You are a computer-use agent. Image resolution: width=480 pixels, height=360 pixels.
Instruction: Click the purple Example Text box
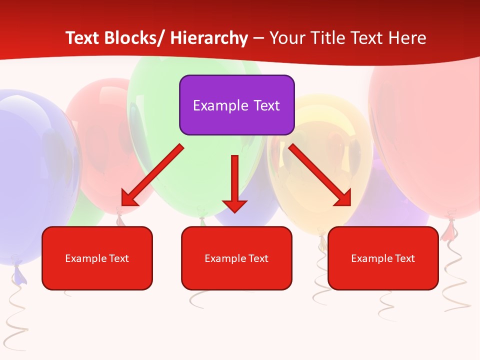(x=236, y=105)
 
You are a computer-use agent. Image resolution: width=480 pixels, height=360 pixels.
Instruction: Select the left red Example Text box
(x=97, y=258)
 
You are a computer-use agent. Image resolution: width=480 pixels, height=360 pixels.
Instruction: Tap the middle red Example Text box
(x=236, y=258)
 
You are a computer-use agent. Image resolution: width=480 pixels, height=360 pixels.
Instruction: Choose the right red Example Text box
(x=383, y=258)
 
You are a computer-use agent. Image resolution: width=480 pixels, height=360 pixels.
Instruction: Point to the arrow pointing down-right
(x=320, y=175)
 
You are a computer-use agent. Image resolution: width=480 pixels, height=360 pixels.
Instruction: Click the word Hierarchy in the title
(x=208, y=38)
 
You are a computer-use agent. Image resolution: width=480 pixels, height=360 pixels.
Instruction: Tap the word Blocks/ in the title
(x=131, y=38)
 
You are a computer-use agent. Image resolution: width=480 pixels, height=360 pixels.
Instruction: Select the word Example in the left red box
(x=86, y=258)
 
